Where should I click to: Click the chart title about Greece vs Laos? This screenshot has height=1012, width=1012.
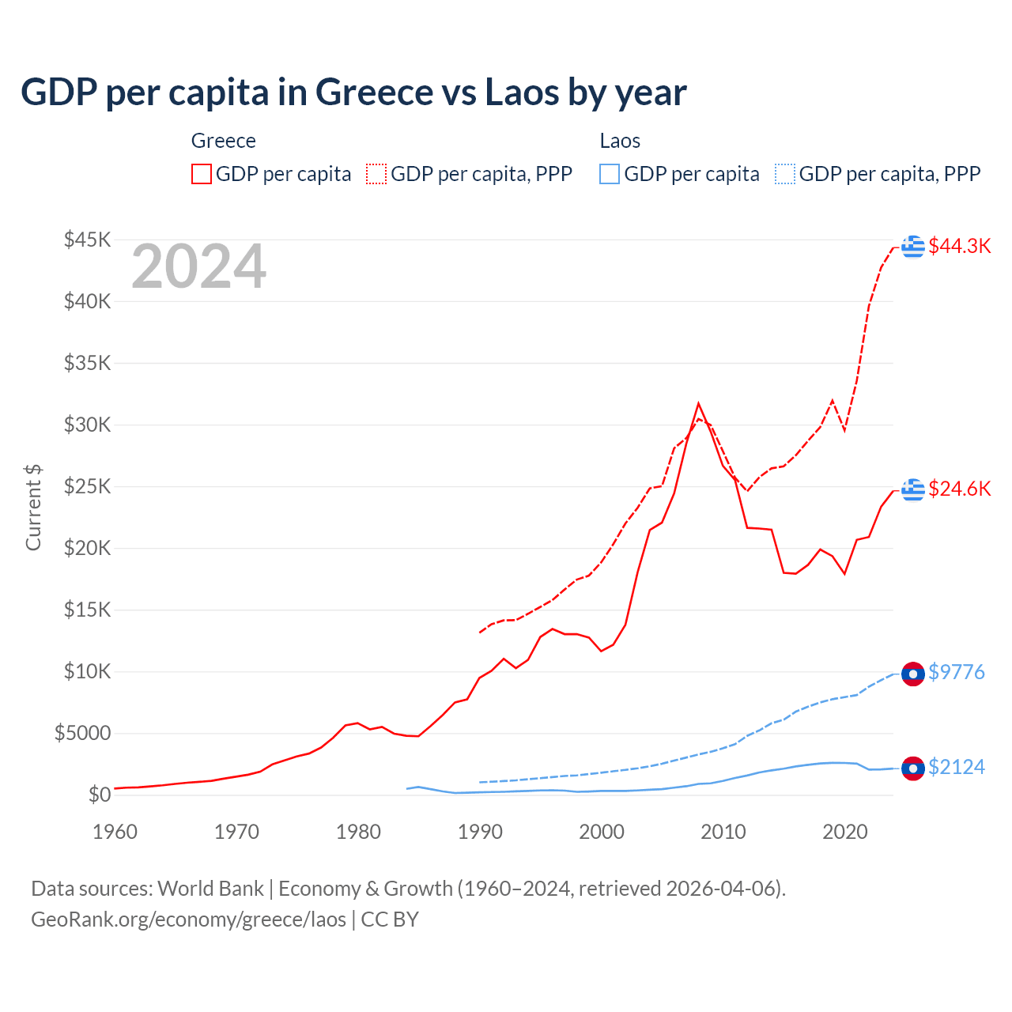pos(353,93)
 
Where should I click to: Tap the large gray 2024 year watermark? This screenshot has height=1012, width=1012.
pos(198,267)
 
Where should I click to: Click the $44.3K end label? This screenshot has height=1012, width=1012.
pos(959,246)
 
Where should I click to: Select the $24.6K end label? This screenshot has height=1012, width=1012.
pos(959,489)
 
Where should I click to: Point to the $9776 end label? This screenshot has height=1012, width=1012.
pos(956,672)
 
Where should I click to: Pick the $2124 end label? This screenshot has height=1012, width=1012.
pos(956,767)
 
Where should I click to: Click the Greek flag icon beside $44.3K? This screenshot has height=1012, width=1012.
pos(913,247)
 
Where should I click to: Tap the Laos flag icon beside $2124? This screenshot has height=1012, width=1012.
pos(913,768)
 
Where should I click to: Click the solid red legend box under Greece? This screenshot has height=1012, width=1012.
pos(202,174)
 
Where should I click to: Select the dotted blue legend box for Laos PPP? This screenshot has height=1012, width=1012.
pos(785,174)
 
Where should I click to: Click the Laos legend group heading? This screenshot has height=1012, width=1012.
pos(620,141)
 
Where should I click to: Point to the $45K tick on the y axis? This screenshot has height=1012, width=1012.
pos(88,240)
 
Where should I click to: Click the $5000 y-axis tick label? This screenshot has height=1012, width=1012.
pos(82,733)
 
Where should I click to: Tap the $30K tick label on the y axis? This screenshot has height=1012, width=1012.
pos(88,425)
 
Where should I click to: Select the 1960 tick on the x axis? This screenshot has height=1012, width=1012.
pos(115,832)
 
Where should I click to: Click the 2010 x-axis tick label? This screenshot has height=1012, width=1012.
pos(723,832)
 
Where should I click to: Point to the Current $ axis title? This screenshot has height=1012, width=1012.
pos(33,508)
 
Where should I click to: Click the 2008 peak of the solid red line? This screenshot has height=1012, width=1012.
pos(698,404)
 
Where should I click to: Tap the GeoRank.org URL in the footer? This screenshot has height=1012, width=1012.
pos(188,919)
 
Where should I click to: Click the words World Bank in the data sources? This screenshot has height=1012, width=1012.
pos(210,889)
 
